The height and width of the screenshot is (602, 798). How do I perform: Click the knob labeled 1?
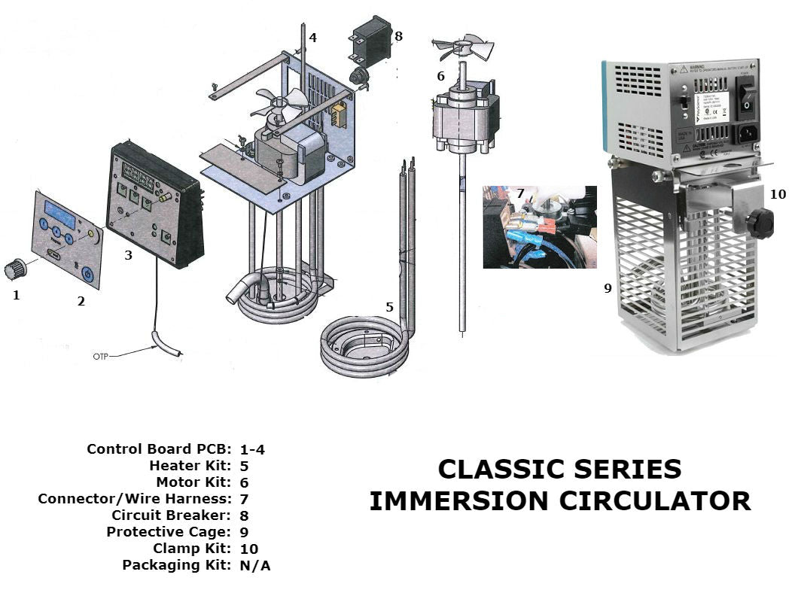pyautogui.click(x=16, y=268)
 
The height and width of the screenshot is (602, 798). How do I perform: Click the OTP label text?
pyautogui.click(x=101, y=356)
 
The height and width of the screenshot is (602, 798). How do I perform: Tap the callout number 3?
pyautogui.click(x=129, y=255)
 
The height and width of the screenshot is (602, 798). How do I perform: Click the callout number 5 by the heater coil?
pyautogui.click(x=389, y=307)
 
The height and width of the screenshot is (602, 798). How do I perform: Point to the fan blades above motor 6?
pyautogui.click(x=464, y=47)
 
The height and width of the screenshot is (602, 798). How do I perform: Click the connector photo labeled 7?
pyautogui.click(x=540, y=227)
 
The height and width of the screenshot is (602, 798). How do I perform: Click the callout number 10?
pyautogui.click(x=778, y=194)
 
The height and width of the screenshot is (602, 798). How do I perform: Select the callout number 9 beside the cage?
pyautogui.click(x=608, y=287)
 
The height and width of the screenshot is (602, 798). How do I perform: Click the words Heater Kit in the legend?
pyautogui.click(x=190, y=466)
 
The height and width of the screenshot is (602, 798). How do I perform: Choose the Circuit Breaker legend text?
pyautogui.click(x=171, y=515)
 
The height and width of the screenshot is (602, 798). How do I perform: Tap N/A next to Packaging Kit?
pyautogui.click(x=254, y=565)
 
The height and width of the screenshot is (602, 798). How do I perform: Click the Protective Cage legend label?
pyautogui.click(x=169, y=532)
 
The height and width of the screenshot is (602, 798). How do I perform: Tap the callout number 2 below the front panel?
pyautogui.click(x=81, y=302)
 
